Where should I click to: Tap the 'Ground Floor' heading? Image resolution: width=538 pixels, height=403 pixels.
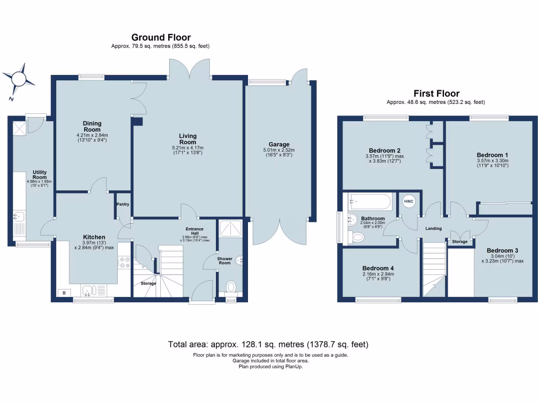(161, 37)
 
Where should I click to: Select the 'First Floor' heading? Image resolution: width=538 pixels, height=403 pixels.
(436, 93)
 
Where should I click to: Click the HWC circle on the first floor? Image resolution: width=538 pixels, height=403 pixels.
(409, 203)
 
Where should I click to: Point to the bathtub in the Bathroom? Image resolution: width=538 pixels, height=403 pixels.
(369, 201)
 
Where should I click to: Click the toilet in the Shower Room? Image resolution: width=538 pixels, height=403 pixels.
(231, 287)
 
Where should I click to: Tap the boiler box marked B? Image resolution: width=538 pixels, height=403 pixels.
(64, 293)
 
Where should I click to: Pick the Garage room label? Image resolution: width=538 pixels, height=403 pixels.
(279, 145)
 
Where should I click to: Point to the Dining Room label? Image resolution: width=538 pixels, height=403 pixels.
(92, 126)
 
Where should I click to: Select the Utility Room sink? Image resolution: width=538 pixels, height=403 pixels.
(18, 216)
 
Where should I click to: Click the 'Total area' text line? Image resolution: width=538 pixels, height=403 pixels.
(268, 345)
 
